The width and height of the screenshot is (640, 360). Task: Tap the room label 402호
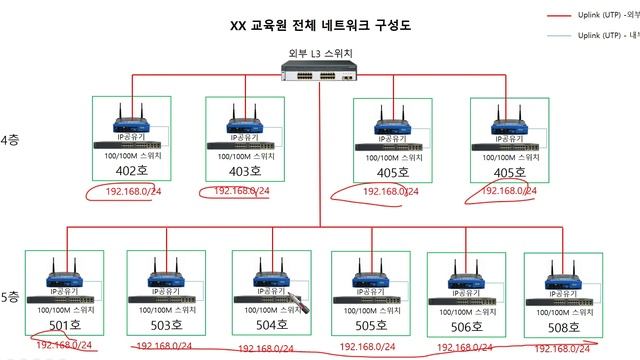132,171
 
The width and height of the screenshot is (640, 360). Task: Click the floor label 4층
10,141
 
